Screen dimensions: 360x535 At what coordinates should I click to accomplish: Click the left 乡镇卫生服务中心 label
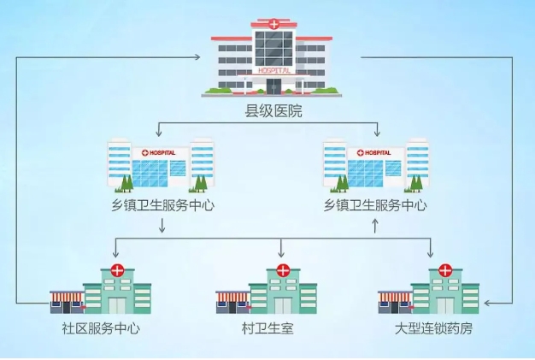click(161, 205)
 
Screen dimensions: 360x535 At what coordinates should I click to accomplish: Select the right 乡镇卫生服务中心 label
click(375, 205)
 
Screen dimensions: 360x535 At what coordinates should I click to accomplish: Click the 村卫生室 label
click(267, 328)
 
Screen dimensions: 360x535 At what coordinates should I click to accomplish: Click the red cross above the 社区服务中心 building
click(116, 271)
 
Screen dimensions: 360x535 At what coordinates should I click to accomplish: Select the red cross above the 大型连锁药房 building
click(444, 271)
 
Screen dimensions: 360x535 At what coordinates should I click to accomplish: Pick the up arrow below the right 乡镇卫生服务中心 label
click(375, 227)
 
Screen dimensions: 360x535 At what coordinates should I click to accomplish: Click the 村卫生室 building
click(267, 291)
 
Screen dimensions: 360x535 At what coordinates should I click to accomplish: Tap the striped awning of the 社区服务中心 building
click(67, 297)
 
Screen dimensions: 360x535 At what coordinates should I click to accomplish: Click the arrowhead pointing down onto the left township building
click(159, 133)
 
